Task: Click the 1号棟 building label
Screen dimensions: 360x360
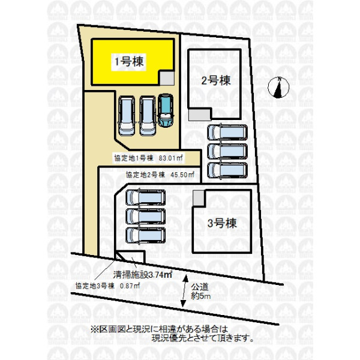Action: (129, 62)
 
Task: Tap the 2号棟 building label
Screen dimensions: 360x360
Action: (216, 80)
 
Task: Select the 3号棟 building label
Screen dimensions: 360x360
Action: (222, 223)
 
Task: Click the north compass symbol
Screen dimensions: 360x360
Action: (279, 88)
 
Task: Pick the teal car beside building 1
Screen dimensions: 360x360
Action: (166, 110)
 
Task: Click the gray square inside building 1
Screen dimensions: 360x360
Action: (167, 78)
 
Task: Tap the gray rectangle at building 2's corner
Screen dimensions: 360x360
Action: (200, 115)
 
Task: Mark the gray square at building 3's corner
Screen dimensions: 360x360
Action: (199, 197)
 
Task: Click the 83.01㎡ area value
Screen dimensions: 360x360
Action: (171, 158)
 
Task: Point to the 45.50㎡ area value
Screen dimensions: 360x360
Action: (183, 175)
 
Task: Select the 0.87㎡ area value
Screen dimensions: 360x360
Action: (130, 286)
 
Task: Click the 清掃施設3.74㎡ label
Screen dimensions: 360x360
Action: (143, 275)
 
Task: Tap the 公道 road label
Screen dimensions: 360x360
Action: (200, 287)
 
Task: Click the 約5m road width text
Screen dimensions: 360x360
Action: (200, 296)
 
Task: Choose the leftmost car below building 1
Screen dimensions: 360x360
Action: (127, 116)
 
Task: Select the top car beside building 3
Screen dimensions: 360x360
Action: (146, 197)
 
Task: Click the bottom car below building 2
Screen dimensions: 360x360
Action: (227, 170)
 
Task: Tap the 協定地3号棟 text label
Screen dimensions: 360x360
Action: (95, 286)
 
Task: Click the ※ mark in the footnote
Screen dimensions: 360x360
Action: (94, 329)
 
